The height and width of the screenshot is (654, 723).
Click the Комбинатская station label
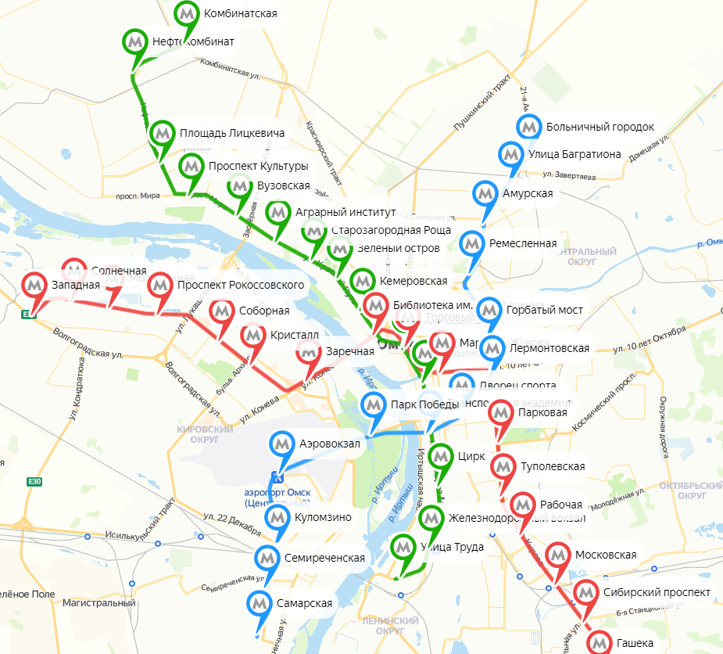[x=239, y=14]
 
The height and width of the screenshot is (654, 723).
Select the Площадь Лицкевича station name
[x=231, y=133]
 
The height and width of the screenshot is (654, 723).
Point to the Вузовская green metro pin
[x=240, y=186]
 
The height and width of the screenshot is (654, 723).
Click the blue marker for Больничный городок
[x=530, y=127]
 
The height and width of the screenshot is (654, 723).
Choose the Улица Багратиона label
[x=574, y=154]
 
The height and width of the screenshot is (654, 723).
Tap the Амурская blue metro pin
[x=485, y=193]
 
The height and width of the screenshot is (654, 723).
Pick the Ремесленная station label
[x=522, y=243]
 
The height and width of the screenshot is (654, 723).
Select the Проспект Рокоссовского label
[x=240, y=285]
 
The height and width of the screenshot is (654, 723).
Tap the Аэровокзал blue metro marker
[x=282, y=444]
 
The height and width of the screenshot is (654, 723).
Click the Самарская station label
[x=304, y=603]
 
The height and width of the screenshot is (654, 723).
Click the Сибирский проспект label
[x=657, y=592]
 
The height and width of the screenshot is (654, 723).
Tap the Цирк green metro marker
[x=442, y=456]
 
